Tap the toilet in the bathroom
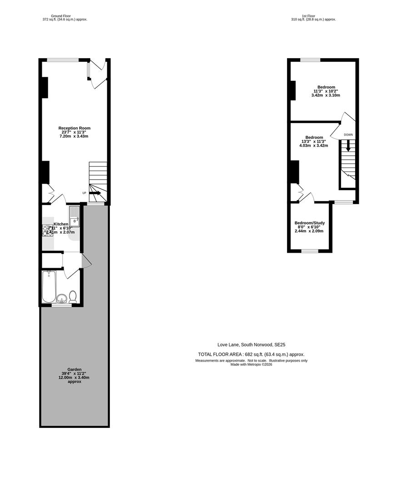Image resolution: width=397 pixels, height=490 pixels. click(x=73, y=297)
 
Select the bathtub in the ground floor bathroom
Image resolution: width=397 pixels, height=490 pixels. click(x=49, y=286)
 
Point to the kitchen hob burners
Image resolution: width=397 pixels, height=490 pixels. click(x=48, y=231)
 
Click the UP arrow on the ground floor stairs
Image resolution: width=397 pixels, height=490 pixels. click(x=95, y=193)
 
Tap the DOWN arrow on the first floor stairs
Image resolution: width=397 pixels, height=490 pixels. click(x=348, y=146)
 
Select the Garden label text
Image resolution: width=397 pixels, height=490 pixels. click(x=74, y=369)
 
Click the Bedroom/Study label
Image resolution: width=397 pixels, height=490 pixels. click(x=309, y=223)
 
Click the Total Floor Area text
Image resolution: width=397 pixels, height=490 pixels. click(x=251, y=354)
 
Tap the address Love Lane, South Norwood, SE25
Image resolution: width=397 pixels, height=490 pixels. click(x=251, y=344)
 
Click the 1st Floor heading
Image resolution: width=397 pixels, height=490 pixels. click(x=313, y=16)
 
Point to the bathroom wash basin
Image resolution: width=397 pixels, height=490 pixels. click(x=62, y=299)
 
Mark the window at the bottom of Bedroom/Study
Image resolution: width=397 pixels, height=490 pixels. click(x=310, y=251)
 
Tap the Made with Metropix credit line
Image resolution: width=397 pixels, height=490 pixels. click(x=251, y=364)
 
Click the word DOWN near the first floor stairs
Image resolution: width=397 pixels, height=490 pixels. click(x=348, y=135)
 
